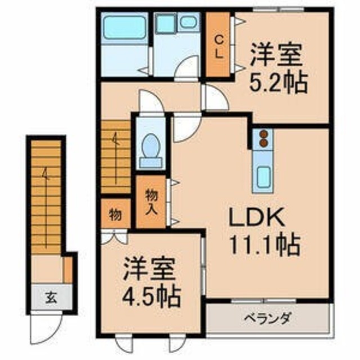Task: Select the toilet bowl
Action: [151, 148]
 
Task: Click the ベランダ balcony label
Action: [268, 319]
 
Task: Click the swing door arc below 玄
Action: [47, 323]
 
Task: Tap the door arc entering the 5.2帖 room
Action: [215, 98]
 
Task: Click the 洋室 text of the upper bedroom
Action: [277, 56]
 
